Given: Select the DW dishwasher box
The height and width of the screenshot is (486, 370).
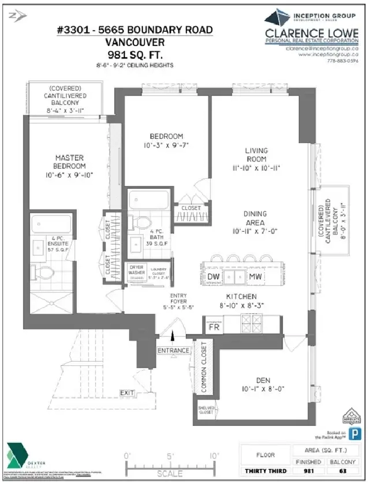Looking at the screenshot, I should [x=213, y=277].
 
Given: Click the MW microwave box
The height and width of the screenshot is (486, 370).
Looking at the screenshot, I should [x=255, y=277].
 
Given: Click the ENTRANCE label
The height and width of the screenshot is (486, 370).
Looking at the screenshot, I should [x=174, y=351].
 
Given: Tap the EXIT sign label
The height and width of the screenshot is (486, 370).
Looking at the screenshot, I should [x=127, y=393].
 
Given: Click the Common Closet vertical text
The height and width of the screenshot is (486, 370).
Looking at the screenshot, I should [x=204, y=366].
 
